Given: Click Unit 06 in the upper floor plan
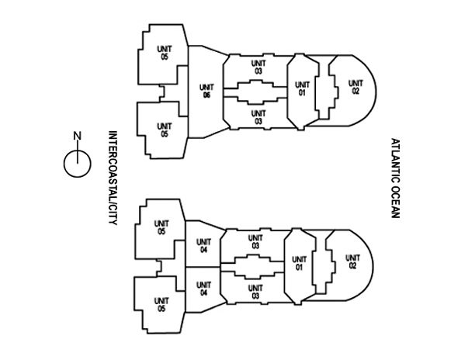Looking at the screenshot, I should point(206,91).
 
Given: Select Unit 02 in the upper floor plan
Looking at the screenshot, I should point(355,88).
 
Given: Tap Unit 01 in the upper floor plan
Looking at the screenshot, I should point(301,88).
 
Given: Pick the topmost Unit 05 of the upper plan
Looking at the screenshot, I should point(164,53).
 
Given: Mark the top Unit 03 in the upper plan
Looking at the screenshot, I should point(257,67).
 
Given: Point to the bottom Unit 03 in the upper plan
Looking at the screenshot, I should point(257,116).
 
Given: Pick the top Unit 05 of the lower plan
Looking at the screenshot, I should point(161,227).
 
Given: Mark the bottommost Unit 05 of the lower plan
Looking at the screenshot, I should point(161,303).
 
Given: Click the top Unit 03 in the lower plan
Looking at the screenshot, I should point(254,241).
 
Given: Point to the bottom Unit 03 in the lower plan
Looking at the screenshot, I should point(254,291).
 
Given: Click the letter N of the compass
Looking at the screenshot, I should point(76,137).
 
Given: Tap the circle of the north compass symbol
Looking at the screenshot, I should point(76,164).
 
